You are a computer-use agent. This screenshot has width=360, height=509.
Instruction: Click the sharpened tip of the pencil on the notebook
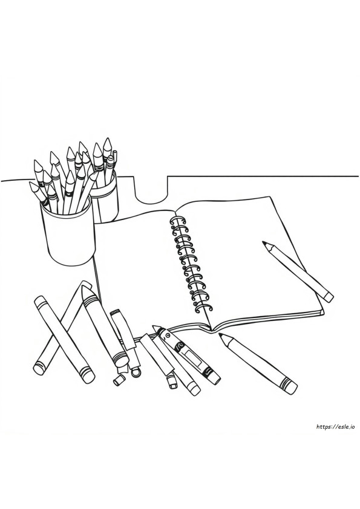[263, 242]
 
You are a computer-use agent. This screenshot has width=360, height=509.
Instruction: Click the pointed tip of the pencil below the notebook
[221, 335]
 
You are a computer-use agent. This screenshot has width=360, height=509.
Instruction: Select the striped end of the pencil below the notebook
[289, 386]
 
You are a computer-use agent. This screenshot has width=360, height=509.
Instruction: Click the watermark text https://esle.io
[335, 427]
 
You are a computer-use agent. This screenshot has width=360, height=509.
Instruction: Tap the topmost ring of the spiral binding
[176, 221]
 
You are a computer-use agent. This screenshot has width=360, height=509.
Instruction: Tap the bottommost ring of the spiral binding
[204, 308]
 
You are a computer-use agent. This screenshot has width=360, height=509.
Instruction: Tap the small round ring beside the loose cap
[136, 371]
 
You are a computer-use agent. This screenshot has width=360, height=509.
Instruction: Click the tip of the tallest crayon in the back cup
[108, 140]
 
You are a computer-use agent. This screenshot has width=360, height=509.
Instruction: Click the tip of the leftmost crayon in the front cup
[31, 183]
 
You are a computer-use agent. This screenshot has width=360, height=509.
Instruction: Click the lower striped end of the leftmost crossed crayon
[40, 368]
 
